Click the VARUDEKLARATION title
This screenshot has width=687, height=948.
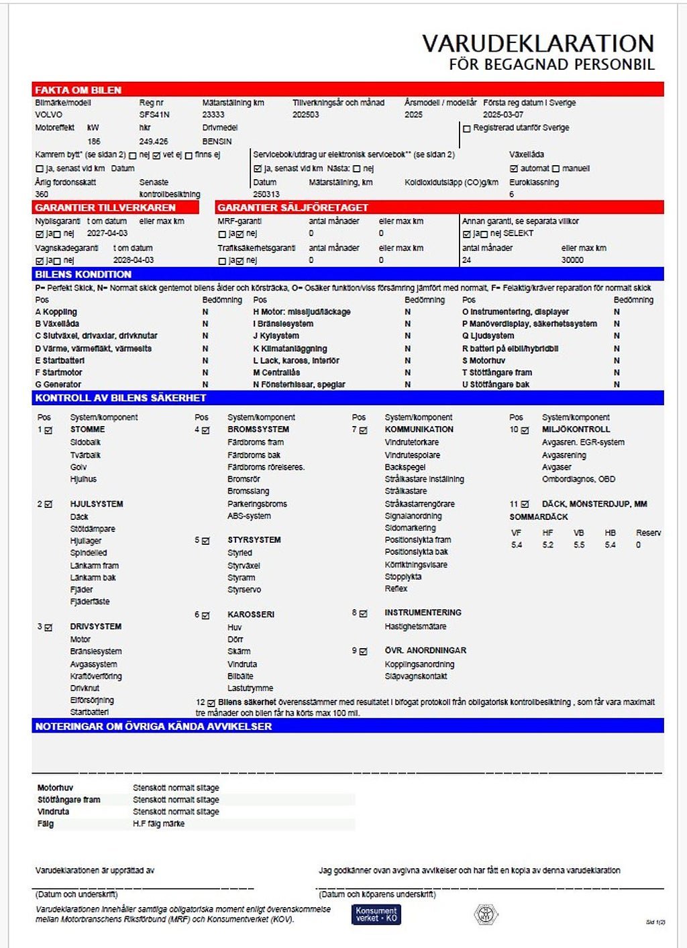pyautogui.click(x=537, y=44)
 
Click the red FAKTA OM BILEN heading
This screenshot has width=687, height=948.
pyautogui.click(x=78, y=90)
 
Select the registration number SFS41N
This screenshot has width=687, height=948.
pyautogui.click(x=154, y=115)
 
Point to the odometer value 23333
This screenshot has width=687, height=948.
pyautogui.click(x=213, y=115)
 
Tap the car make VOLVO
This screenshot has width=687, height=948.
pyautogui.click(x=48, y=115)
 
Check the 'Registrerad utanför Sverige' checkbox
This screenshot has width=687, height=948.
pyautogui.click(x=467, y=128)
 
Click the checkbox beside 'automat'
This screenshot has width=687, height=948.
pyautogui.click(x=514, y=168)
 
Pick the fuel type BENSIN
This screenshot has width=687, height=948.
pyautogui.click(x=217, y=142)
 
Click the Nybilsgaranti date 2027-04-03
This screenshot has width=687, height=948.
pyautogui.click(x=107, y=233)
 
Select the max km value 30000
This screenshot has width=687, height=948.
pyautogui.click(x=572, y=260)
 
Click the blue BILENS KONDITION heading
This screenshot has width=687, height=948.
pyautogui.click(x=83, y=274)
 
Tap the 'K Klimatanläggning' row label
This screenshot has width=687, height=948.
pyautogui.click(x=290, y=349)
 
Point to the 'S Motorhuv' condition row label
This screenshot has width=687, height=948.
pyautogui.click(x=484, y=360)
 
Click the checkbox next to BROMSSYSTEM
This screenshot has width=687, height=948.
pyautogui.click(x=206, y=430)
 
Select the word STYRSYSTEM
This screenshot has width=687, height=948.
pyautogui.click(x=254, y=540)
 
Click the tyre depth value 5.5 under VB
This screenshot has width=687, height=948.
pyautogui.click(x=579, y=545)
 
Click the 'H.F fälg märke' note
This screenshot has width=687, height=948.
pyautogui.click(x=158, y=824)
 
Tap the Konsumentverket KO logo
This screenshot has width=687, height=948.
pyautogui.click(x=376, y=914)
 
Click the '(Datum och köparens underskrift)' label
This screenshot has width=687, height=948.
pyautogui.click(x=377, y=894)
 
